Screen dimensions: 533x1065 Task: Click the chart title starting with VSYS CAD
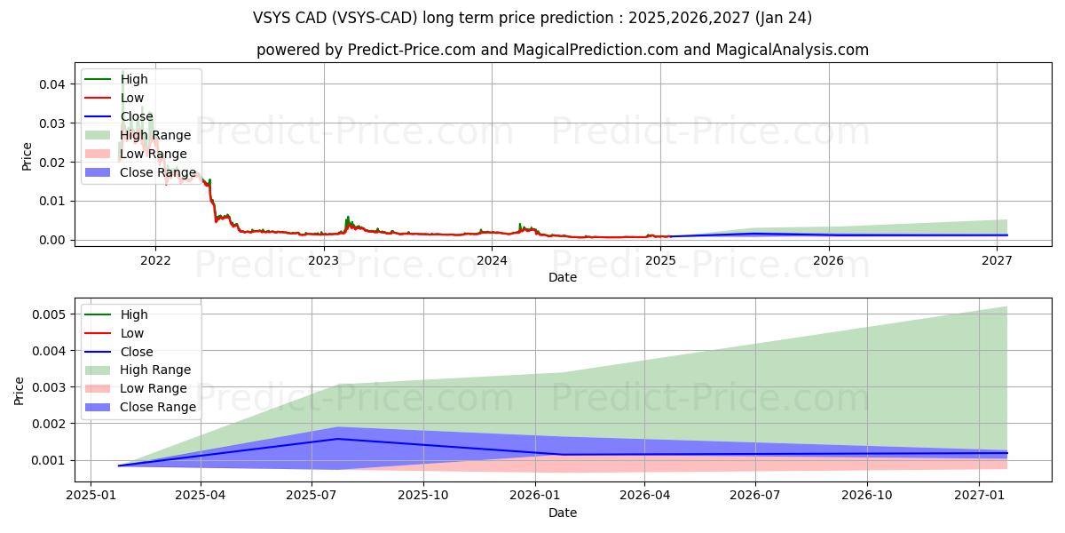[532, 18]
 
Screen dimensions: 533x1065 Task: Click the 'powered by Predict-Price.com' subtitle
[563, 51]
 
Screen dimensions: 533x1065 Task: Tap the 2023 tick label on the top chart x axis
[323, 260]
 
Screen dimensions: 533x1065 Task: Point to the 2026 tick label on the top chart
[829, 260]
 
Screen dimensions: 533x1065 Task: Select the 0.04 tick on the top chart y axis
[51, 84]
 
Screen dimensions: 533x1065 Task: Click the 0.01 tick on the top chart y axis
[51, 202]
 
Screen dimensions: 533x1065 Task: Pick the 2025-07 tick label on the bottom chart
[312, 496]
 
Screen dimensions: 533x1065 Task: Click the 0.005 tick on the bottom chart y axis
[48, 314]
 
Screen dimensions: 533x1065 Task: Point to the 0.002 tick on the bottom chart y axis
[48, 424]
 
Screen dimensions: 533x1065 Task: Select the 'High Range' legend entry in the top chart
[154, 135]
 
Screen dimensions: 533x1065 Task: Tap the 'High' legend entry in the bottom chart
[133, 314]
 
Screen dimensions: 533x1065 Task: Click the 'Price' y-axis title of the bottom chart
[20, 390]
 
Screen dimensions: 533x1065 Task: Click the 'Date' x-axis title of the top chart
[563, 277]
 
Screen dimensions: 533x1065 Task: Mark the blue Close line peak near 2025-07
[337, 439]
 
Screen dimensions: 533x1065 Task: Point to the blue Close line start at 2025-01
[119, 465]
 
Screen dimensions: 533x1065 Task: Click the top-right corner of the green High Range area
[1006, 307]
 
